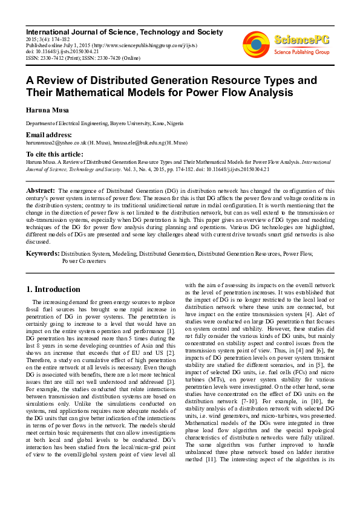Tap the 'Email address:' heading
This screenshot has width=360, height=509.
tap(48, 135)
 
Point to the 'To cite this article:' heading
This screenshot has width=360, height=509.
tap(55, 155)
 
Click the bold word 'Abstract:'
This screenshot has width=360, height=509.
tap(41, 190)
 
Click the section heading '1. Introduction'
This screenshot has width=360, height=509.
tap(54, 289)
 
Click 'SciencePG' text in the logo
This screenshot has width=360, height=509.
tap(303, 40)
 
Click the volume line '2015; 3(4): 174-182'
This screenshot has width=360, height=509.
tap(48, 37)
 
